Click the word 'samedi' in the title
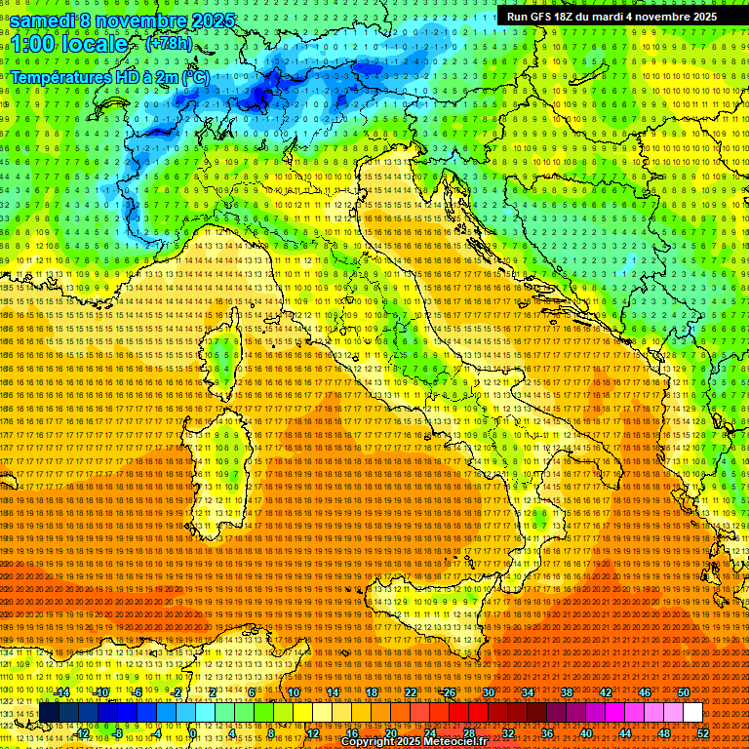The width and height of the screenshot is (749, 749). click(45, 20)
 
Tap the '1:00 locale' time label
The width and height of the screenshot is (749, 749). click(69, 44)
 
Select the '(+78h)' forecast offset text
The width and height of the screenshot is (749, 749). click(168, 44)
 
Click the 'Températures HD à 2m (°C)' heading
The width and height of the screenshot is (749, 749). click(109, 77)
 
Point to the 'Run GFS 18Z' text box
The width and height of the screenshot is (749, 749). click(611, 17)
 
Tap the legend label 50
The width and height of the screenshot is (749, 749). click(684, 692)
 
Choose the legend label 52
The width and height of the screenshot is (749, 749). click(703, 733)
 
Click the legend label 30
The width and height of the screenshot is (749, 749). click(489, 692)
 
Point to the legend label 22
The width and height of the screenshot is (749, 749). click(411, 692)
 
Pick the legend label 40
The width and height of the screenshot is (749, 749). click(586, 733)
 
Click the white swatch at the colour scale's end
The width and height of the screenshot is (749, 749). click(692, 713)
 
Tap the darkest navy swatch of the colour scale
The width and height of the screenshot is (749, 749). click(49, 713)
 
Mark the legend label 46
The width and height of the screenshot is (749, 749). click(645, 692)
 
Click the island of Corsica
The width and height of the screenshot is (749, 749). click(224, 356)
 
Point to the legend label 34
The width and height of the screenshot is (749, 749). click(528, 692)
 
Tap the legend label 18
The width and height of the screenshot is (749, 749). click(372, 692)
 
